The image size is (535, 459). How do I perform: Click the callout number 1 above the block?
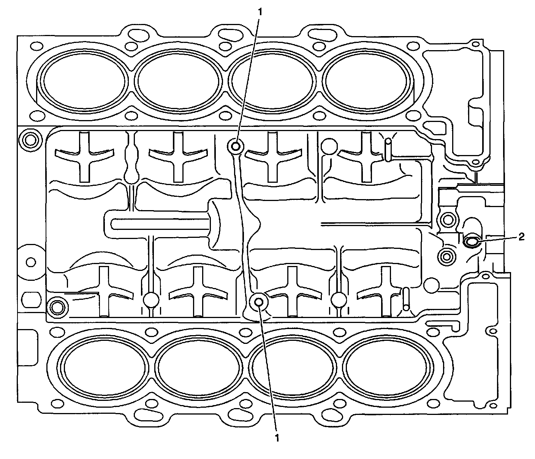[260, 12]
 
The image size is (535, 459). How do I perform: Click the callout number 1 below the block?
[277, 438]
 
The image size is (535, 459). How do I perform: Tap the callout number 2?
[521, 237]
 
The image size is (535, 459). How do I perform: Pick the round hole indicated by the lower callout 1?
[260, 302]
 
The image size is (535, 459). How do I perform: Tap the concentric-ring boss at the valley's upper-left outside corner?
[30, 139]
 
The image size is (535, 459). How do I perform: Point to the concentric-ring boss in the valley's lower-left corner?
[58, 305]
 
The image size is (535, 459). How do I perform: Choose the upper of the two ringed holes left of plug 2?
[447, 219]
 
